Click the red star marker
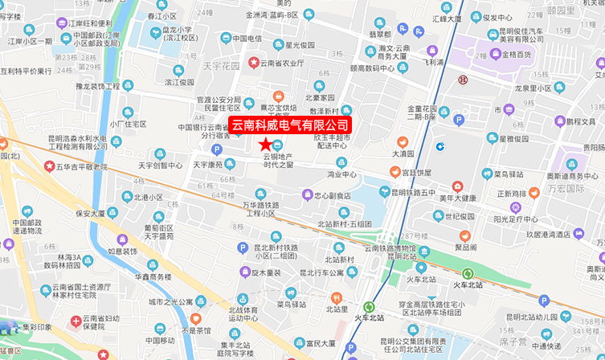[x=265, y=143]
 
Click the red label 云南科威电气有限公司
[x=291, y=125]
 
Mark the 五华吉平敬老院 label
[x=81, y=166]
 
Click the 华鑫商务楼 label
[x=152, y=276]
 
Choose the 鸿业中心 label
[x=341, y=174]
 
